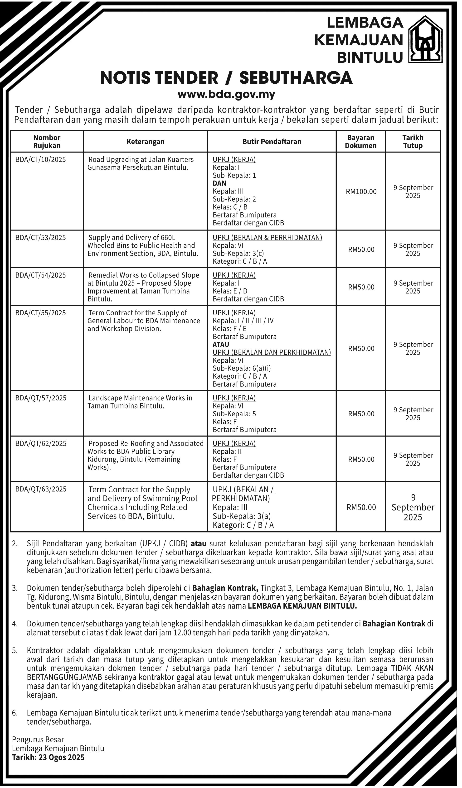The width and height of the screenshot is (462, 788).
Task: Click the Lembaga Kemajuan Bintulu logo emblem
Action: (426, 39)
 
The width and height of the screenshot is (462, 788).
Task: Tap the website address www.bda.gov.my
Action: (226, 94)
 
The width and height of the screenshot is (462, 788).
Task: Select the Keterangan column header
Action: (146, 142)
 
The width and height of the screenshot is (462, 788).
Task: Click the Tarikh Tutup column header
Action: (413, 142)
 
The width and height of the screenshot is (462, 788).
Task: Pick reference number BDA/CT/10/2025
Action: (41, 160)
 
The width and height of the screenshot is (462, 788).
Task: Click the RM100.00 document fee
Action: (361, 192)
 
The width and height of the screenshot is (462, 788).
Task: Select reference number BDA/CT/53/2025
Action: (41, 238)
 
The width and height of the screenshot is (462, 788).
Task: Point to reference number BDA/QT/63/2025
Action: (41, 489)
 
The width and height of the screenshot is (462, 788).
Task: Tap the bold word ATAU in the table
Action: (221, 344)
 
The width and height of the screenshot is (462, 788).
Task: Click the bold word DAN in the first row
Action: (219, 183)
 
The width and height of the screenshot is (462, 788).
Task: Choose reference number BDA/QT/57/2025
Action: (41, 398)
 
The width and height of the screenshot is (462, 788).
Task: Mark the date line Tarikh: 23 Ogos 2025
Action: (48, 757)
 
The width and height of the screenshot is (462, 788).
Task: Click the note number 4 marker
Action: (15, 624)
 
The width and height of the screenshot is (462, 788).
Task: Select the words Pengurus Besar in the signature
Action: (38, 740)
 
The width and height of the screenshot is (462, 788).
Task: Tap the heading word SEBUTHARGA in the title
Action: (296, 78)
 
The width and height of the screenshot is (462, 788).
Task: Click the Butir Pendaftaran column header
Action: (272, 142)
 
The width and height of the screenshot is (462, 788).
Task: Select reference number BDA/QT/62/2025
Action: (41, 444)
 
